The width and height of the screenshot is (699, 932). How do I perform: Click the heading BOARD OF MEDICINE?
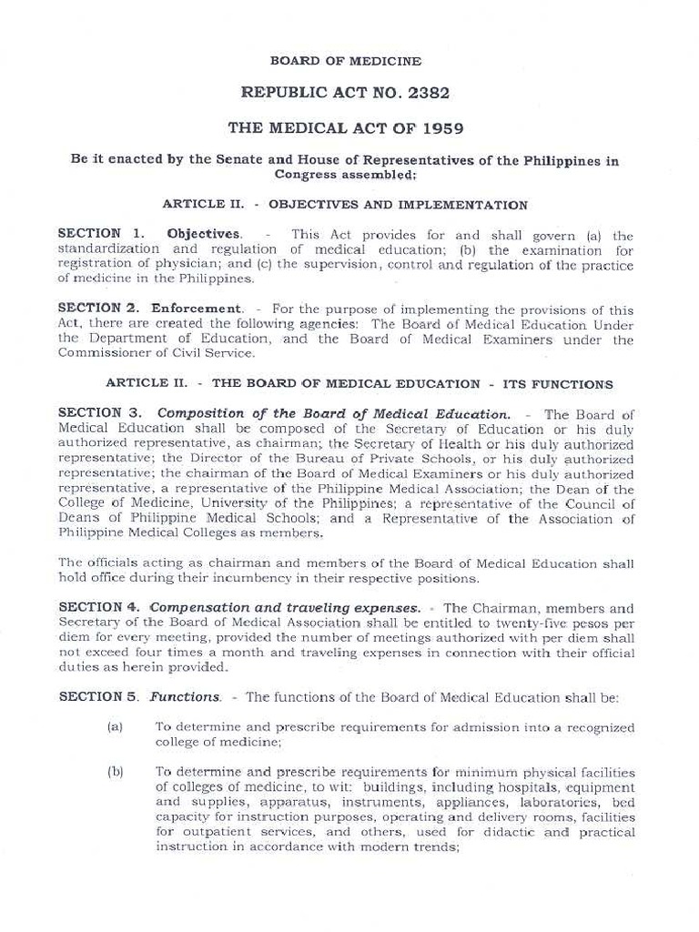[x=345, y=61]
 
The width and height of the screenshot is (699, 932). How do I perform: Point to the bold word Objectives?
[x=204, y=234]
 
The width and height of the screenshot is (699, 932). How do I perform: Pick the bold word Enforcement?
[x=197, y=309]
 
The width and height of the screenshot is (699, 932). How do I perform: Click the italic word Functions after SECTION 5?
[x=185, y=697]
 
